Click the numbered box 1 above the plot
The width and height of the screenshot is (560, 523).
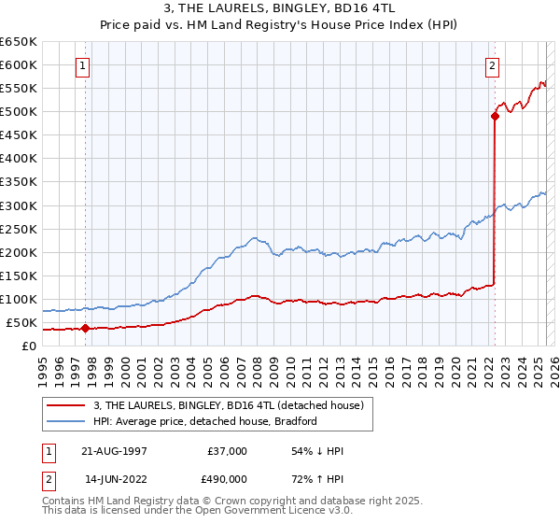pyautogui.click(x=84, y=65)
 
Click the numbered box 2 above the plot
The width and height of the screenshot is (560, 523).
pyautogui.click(x=491, y=65)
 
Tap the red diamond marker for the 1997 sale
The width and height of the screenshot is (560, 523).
pyautogui.click(x=85, y=328)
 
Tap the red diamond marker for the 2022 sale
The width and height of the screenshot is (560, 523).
pyautogui.click(x=495, y=116)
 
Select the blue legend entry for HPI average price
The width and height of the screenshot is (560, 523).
pyautogui.click(x=205, y=421)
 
